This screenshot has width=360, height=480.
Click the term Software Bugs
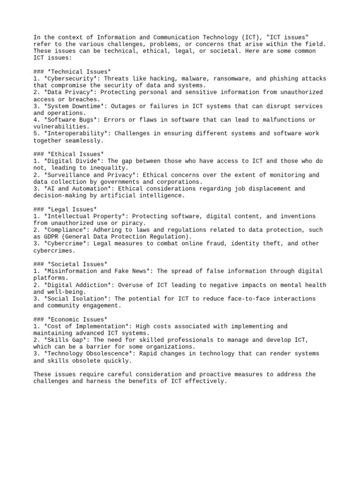point(70,120)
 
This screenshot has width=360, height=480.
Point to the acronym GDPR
point(51,237)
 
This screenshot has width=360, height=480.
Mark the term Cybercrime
point(65,244)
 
